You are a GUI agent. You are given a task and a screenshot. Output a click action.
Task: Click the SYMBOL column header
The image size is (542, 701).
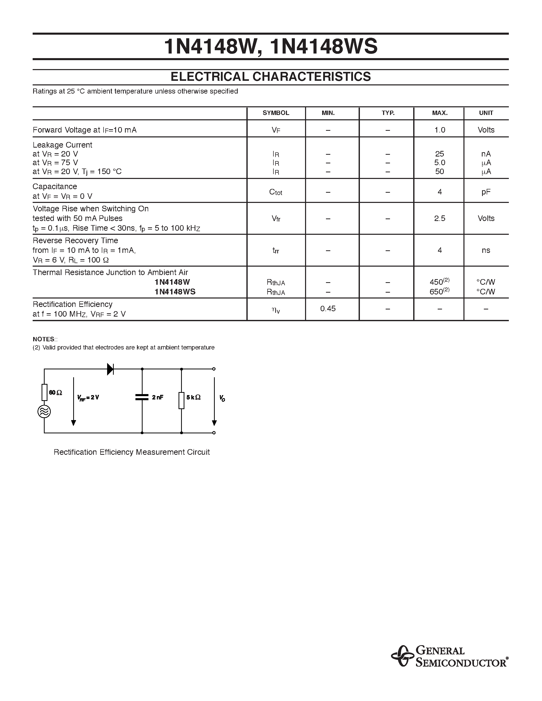click(276, 113)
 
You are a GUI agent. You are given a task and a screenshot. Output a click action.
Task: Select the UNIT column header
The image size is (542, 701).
click(486, 113)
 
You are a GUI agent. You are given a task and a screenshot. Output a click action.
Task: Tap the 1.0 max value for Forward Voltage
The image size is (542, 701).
click(439, 130)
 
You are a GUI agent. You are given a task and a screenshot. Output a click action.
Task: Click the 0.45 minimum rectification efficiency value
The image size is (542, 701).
click(328, 309)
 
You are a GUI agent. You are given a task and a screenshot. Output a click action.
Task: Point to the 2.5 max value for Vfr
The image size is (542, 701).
click(439, 218)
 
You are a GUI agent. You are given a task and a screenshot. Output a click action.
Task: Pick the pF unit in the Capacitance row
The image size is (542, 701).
click(486, 192)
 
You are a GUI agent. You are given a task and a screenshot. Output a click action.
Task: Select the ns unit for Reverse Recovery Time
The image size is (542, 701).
click(486, 250)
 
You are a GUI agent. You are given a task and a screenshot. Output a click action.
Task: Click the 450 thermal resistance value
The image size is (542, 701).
click(437, 282)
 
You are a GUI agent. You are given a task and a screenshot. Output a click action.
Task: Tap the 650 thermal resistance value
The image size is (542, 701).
click(437, 292)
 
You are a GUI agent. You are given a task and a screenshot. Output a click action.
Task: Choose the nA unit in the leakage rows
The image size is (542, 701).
click(486, 154)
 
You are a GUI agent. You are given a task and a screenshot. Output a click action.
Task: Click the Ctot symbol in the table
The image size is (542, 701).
click(276, 192)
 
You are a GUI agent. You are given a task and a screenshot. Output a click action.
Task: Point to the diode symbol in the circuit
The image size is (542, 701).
click(110, 369)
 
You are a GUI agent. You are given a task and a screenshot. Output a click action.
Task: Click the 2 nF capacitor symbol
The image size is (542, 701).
click(142, 397)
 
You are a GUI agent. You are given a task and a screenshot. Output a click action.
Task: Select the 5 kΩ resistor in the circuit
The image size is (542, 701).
click(181, 400)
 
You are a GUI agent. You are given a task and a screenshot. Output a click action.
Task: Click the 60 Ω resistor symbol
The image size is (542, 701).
click(44, 392)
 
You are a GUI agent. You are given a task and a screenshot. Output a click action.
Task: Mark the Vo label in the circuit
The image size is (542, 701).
click(222, 398)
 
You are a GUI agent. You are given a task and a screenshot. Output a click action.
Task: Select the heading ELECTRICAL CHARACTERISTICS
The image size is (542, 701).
click(271, 77)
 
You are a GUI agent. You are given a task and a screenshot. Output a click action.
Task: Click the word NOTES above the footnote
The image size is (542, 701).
click(44, 339)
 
